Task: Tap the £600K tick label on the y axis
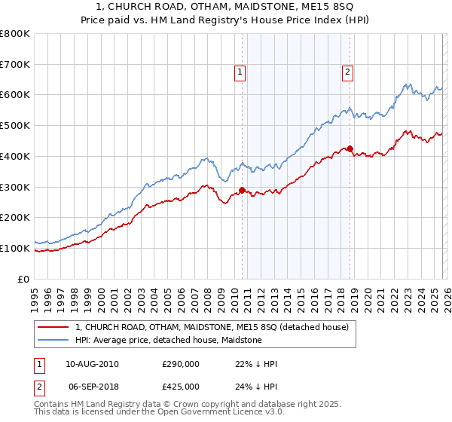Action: tap(15, 95)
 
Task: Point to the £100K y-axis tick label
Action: tap(15, 248)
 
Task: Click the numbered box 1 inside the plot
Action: tap(240, 72)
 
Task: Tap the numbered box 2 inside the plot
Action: tap(347, 72)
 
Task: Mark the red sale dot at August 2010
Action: tap(242, 190)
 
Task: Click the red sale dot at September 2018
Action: tap(350, 148)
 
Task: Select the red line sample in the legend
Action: tap(53, 328)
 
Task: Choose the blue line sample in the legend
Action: tap(53, 341)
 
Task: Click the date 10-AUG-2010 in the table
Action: tap(92, 364)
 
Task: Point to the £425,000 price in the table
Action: tap(181, 386)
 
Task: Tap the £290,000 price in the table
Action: tap(181, 364)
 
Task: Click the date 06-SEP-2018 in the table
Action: tap(92, 386)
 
